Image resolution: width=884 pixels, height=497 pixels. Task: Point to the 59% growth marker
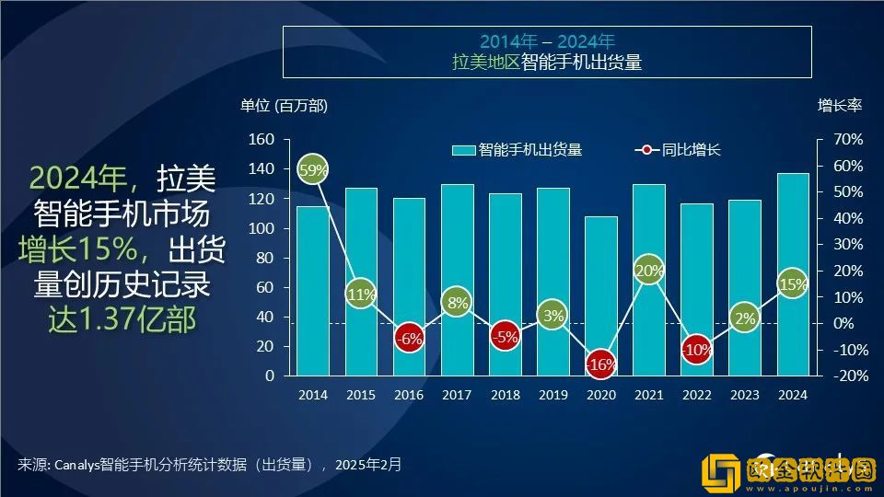coord(313,170)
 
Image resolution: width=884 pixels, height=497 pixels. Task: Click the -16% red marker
coord(600,364)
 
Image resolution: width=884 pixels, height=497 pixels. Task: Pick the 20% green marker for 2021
coord(648,271)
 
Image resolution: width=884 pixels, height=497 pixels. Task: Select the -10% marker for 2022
coord(696,350)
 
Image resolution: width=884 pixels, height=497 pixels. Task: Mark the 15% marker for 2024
coord(792,283)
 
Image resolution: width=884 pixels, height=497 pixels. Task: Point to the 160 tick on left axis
coord(262,140)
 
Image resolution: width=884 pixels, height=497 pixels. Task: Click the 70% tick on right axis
coord(847,140)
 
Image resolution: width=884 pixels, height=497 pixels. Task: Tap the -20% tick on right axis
coord(847,376)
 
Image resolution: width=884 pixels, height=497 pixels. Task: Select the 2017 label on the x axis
coord(457,395)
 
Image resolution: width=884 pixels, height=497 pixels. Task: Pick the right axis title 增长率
coord(839,106)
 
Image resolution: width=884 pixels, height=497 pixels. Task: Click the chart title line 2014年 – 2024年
coord(547,41)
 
